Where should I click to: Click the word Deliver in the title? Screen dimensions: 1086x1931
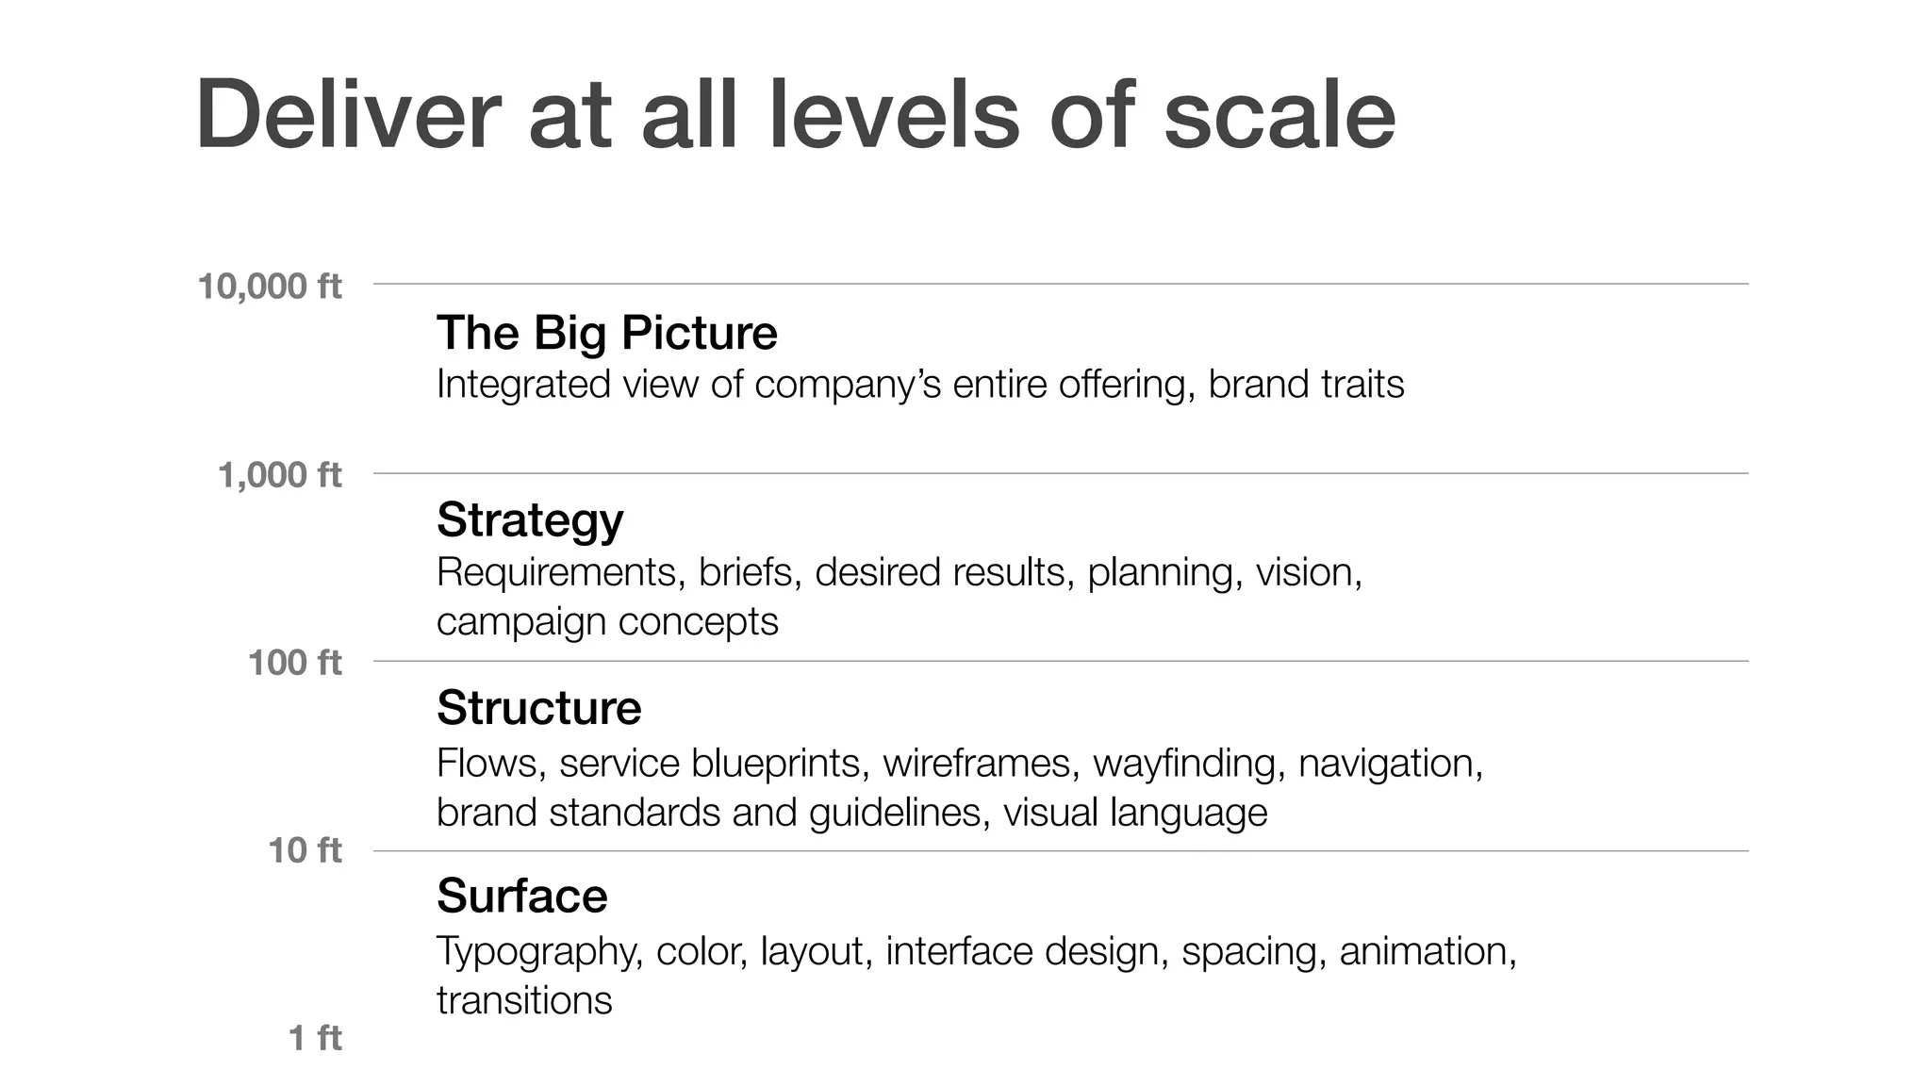348,115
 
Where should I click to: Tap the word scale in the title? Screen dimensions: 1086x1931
1279,115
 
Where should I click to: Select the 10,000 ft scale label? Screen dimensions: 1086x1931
270,286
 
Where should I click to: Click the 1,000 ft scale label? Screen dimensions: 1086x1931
280,474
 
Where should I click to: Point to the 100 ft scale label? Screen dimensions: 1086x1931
295,662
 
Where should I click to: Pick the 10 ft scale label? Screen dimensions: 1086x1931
305,849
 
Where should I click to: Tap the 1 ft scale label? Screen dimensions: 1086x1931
315,1037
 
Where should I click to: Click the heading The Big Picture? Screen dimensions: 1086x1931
606,333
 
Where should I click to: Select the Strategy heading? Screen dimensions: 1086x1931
530,519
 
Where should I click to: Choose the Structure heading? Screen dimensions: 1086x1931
538,707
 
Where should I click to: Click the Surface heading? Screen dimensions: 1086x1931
521,895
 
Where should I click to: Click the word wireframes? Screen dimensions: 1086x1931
981,763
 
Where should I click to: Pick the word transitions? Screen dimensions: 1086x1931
524,999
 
